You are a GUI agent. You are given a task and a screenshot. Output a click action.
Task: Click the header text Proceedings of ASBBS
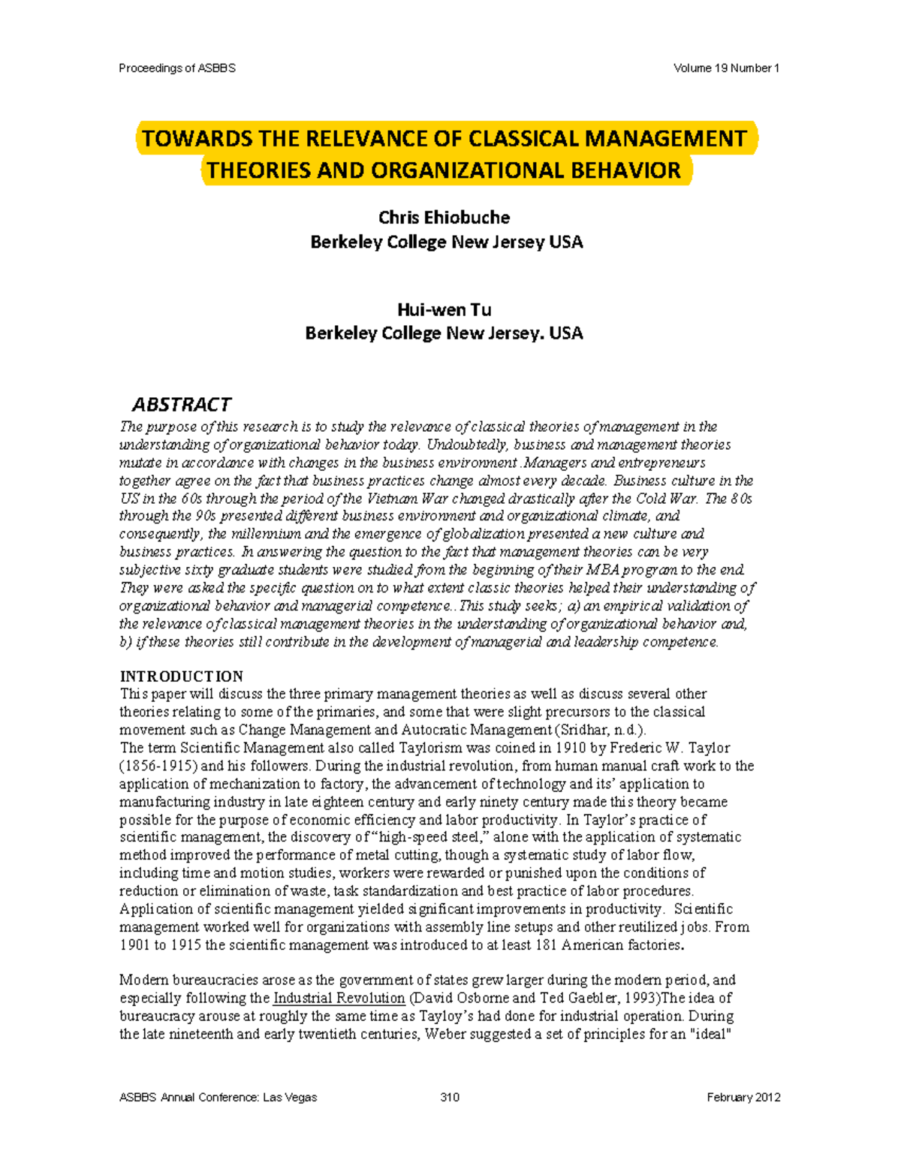[177, 68]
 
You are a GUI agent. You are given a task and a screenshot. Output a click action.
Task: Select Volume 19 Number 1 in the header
[726, 68]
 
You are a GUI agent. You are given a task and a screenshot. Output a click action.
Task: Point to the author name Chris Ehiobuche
[444, 218]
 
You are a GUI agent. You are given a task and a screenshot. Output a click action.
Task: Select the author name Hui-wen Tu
[444, 309]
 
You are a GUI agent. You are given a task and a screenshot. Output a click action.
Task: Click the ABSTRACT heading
[182, 405]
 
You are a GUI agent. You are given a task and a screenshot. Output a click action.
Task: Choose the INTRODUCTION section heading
[181, 676]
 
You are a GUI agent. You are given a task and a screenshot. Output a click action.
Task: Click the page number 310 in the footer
[450, 1098]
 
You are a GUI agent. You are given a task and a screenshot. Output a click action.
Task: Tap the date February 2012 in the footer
[743, 1098]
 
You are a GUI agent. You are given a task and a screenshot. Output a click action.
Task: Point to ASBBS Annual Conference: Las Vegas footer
[218, 1098]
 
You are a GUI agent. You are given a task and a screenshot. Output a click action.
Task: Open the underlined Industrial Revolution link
[339, 999]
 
